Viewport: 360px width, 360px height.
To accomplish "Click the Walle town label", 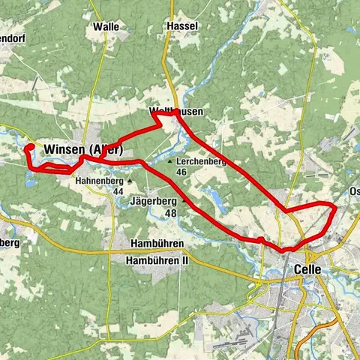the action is pyautogui.click(x=106, y=26).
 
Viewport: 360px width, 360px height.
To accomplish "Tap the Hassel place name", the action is pyautogui.click(x=184, y=26).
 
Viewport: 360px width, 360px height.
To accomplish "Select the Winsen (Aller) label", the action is pyautogui.click(x=82, y=149).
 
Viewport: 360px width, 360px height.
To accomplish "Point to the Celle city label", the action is pyautogui.click(x=308, y=268).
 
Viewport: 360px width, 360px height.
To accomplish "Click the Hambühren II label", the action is pyautogui.click(x=157, y=260).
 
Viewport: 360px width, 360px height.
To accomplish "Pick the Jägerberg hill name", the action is pyautogui.click(x=152, y=201).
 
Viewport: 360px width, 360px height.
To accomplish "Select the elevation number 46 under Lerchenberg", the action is pyautogui.click(x=181, y=172).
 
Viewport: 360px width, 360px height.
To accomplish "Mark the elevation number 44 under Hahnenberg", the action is pyautogui.click(x=118, y=191).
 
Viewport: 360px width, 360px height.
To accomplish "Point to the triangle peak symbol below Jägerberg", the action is pyautogui.click(x=184, y=201).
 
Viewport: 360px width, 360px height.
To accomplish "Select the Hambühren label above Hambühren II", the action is pyautogui.click(x=157, y=245).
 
